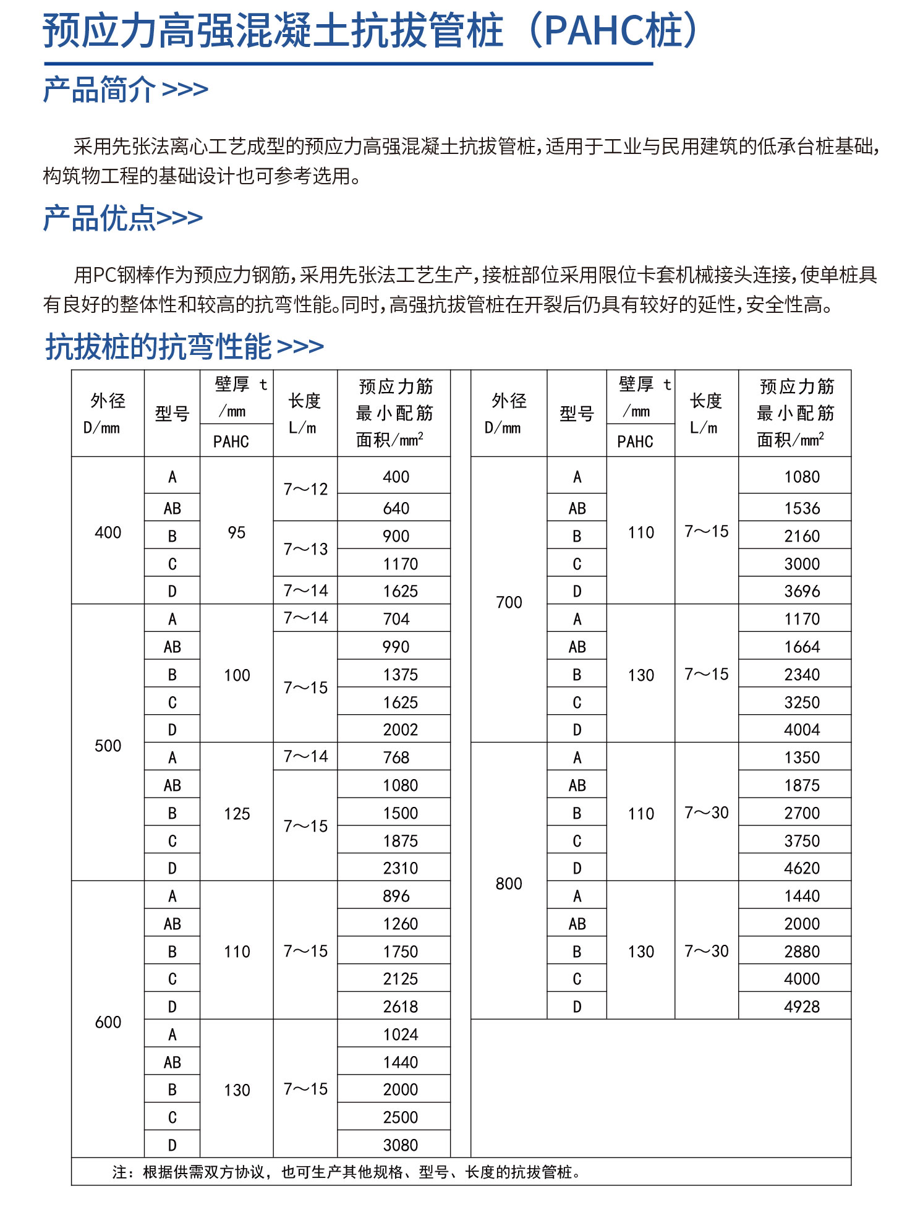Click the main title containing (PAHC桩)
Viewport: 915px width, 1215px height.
pos(371,31)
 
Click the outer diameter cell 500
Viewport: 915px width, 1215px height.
pos(108,746)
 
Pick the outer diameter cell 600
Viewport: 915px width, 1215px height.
pos(108,1022)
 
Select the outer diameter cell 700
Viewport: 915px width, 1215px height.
pos(509,602)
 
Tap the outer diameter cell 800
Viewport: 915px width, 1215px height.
pos(509,884)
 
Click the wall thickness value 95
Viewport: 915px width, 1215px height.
pos(237,532)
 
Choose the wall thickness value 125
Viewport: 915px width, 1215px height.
pos(237,814)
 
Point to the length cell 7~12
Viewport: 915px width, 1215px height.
pos(305,489)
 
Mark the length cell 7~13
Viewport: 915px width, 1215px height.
pos(305,549)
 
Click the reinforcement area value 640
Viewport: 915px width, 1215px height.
pos(396,508)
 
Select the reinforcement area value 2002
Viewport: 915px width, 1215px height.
pos(401,730)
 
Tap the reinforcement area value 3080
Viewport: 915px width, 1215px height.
pos(401,1145)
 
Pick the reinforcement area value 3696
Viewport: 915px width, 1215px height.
pos(802,591)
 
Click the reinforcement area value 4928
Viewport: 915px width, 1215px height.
pos(802,1007)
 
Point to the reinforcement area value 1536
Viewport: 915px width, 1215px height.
pos(802,508)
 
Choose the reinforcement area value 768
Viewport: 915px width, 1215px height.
pos(396,757)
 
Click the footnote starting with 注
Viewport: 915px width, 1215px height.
pos(346,1172)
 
